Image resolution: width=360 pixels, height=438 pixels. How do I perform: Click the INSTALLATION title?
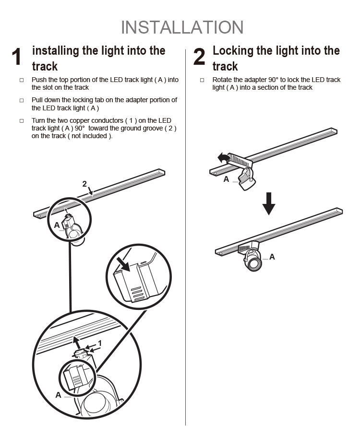point(182,27)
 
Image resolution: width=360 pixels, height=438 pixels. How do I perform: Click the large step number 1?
point(17,57)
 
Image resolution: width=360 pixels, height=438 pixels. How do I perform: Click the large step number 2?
point(199,57)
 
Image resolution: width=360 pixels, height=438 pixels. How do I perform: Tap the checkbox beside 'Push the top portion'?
point(22,80)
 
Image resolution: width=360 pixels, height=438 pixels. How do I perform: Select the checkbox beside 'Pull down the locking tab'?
point(22,101)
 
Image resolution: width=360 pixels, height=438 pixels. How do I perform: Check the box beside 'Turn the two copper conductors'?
point(22,121)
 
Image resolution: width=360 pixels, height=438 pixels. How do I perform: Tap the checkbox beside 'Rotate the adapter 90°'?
point(202,80)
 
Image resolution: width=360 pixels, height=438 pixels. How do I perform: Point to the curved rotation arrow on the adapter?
point(223,157)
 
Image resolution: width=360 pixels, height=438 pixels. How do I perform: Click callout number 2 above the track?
point(84,184)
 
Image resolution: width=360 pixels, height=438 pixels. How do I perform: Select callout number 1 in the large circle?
point(100,343)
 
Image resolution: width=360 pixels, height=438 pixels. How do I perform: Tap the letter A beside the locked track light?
point(272,257)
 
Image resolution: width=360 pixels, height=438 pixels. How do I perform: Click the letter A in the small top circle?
point(57,225)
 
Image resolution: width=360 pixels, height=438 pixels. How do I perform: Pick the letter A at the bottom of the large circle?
point(58,395)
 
